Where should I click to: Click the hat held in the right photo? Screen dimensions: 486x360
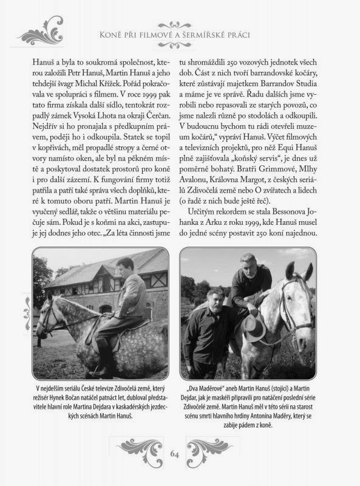click(254, 326)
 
